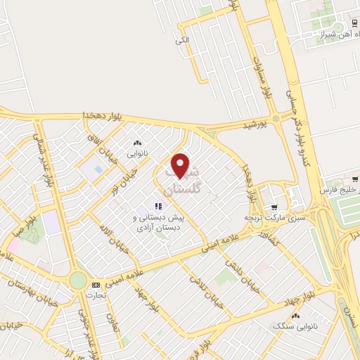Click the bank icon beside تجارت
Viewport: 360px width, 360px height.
click(x=96, y=285)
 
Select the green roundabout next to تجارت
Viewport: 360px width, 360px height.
click(x=78, y=281)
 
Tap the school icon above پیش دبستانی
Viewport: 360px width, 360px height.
click(x=158, y=206)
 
